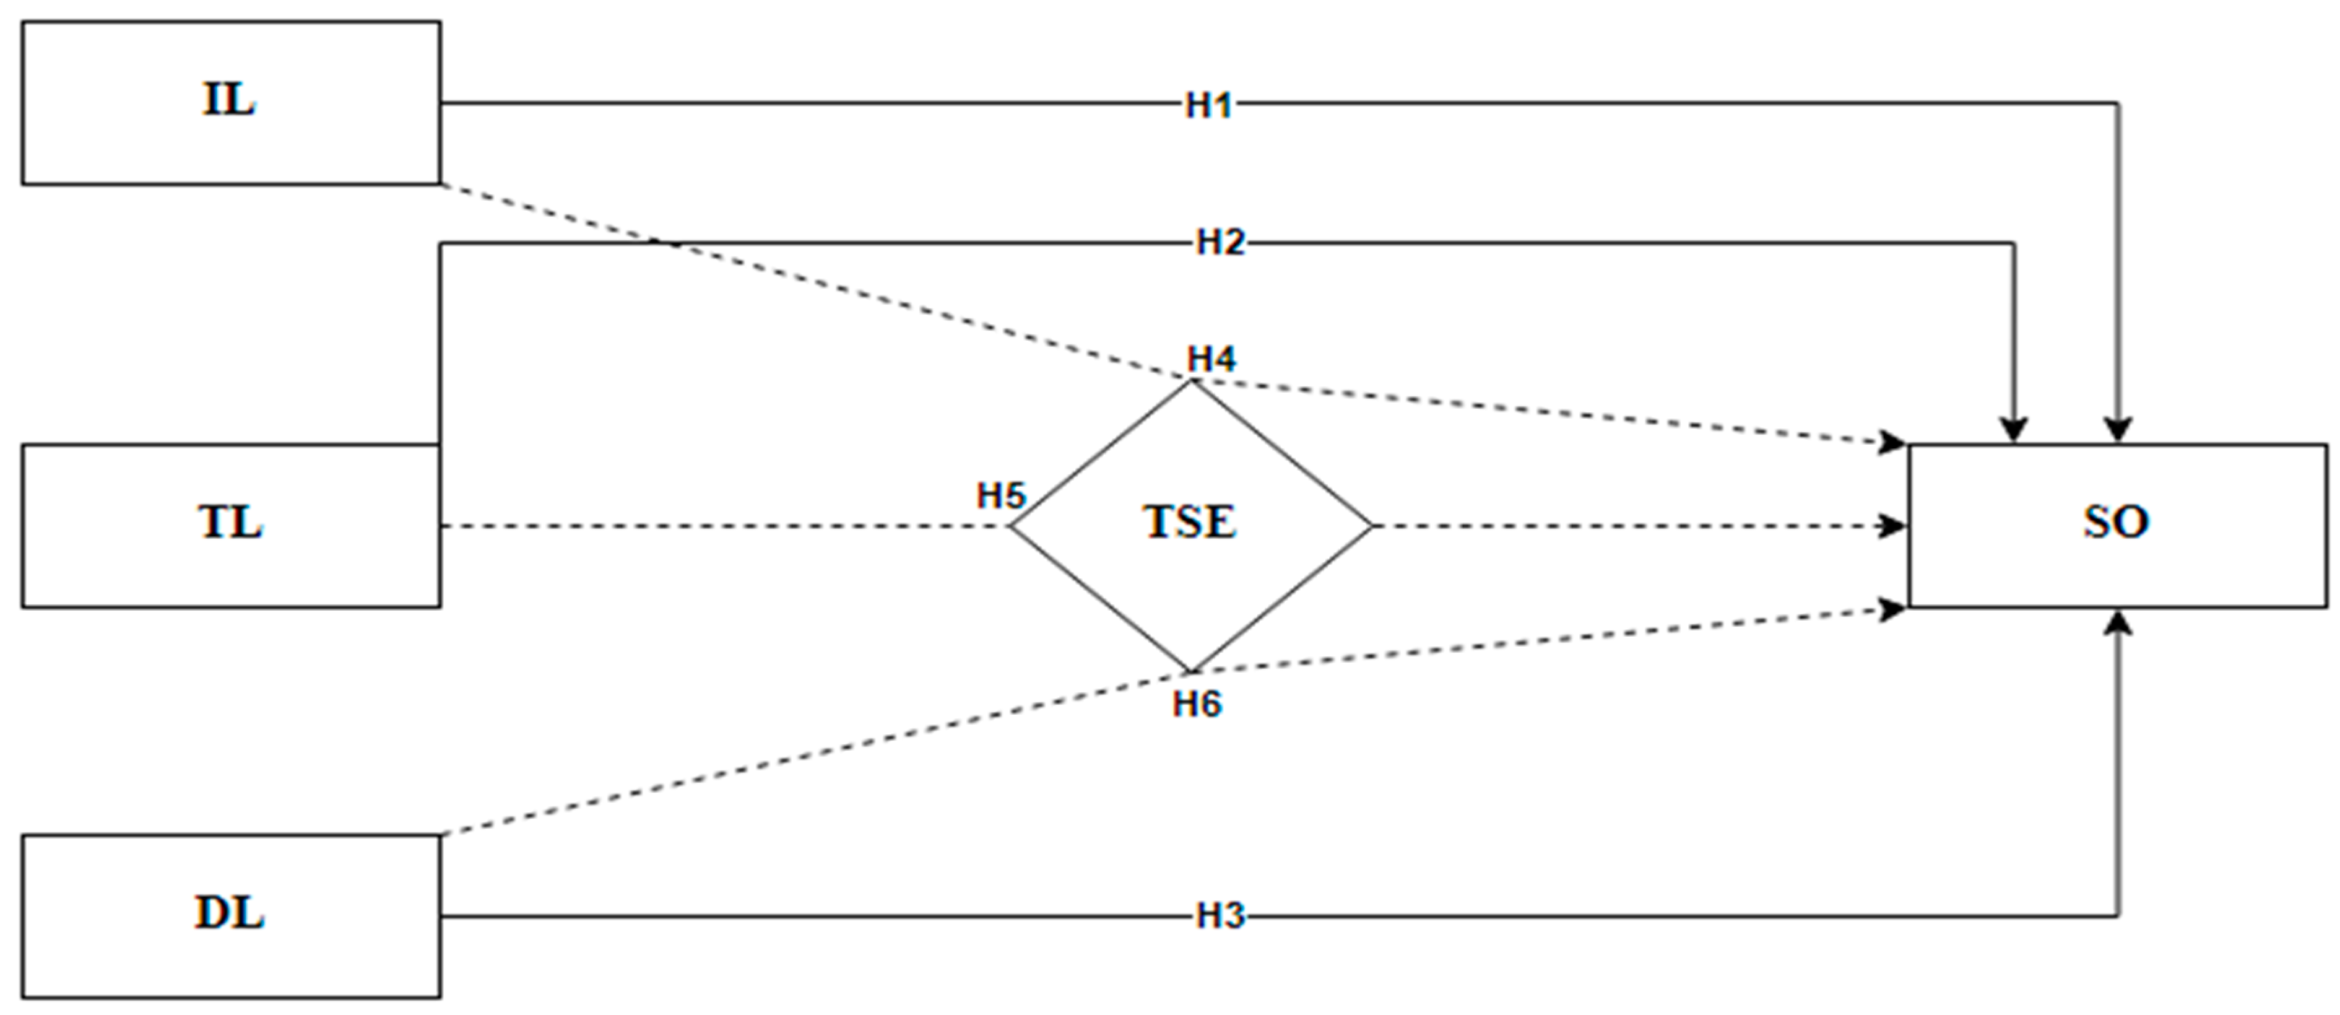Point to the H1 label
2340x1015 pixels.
1209,105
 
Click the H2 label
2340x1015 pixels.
1220,243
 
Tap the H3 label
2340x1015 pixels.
1220,916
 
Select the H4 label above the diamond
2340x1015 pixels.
1212,359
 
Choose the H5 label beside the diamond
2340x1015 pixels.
1000,495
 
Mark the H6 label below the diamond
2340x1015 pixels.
1197,704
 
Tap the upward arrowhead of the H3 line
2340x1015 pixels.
2118,622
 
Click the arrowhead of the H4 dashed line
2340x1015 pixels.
1895,443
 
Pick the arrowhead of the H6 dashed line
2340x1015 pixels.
1895,609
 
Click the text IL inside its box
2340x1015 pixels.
229,99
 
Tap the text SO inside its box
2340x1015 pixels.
2116,521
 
